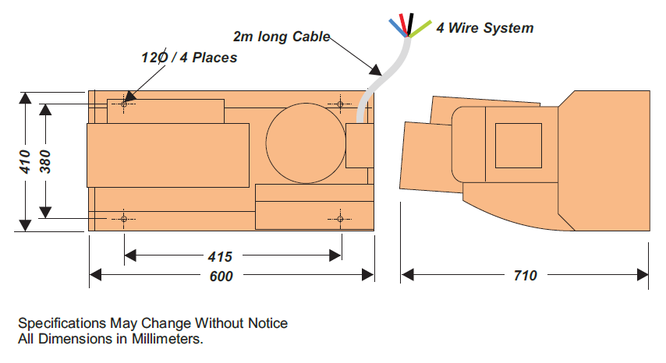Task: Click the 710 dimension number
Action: coord(525,275)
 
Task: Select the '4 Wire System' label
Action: coord(484,28)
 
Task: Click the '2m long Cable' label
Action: coord(282,37)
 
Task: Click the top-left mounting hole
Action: coord(123,103)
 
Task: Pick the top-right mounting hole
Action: coord(341,103)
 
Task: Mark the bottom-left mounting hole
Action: coord(123,219)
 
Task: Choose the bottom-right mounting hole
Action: coord(341,219)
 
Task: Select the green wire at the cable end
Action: coord(420,30)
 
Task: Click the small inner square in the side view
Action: coord(518,146)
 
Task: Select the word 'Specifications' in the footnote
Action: coord(62,322)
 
